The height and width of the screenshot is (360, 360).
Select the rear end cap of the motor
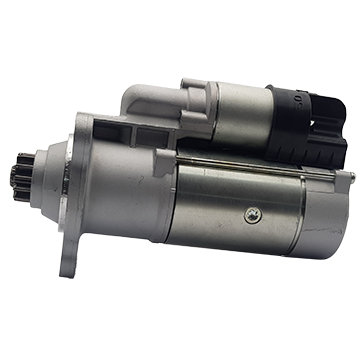coord(335,215)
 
